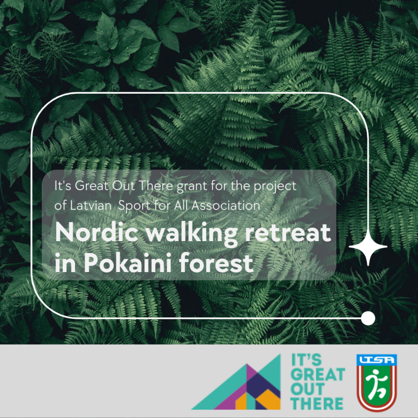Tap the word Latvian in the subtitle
(x=90, y=206)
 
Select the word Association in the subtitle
(x=226, y=206)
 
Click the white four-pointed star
(x=368, y=247)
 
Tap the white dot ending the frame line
(x=368, y=318)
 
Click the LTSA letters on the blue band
(x=377, y=360)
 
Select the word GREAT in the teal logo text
(x=318, y=374)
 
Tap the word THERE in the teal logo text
(x=317, y=403)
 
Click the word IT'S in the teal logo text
(x=306, y=360)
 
